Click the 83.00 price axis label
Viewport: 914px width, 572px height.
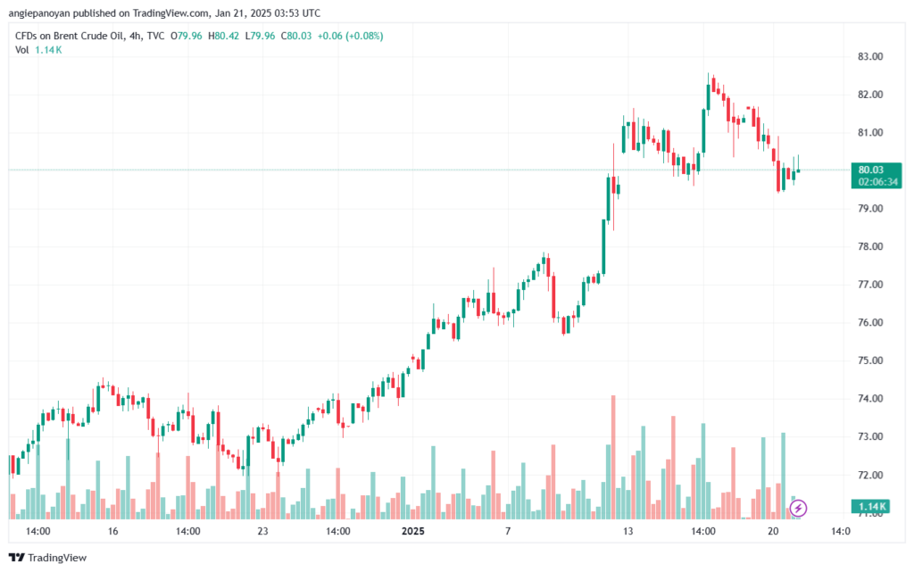[x=870, y=56]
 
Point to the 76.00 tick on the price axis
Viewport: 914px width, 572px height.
[x=870, y=322]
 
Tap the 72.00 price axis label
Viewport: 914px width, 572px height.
[x=870, y=475]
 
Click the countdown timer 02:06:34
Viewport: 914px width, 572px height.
[x=877, y=181]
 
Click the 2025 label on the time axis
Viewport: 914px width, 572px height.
[x=412, y=531]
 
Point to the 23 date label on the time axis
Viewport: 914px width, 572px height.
[x=262, y=531]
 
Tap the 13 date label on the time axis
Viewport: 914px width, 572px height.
[x=627, y=531]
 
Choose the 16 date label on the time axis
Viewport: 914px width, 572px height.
[x=112, y=531]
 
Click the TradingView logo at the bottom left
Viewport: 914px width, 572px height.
[x=48, y=558]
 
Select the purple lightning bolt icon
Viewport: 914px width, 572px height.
[x=799, y=508]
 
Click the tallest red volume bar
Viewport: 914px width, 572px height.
[x=613, y=456]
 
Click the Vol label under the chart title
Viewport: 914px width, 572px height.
[x=22, y=49]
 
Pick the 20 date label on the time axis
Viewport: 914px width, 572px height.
[x=773, y=531]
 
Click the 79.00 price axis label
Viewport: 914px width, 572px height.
[x=870, y=208]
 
